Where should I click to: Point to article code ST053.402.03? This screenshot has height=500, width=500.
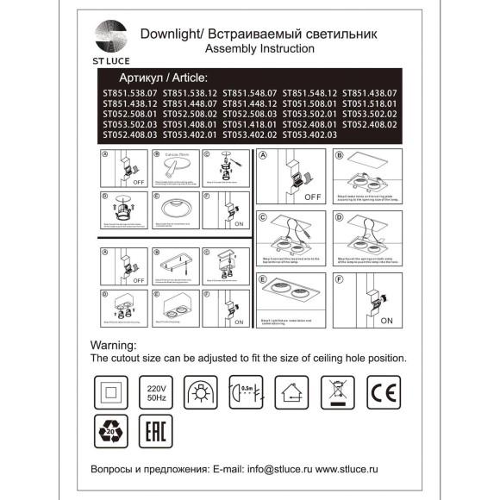pos(309,134)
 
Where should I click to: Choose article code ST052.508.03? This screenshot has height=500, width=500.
pos(250,114)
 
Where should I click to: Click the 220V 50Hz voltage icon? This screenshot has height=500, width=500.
pos(158,389)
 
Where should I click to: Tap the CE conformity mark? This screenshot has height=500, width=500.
pos(384,389)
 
